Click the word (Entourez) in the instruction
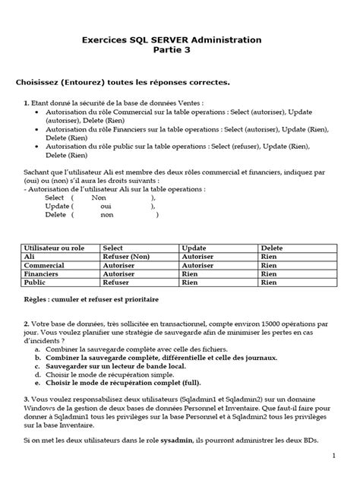click(x=81, y=81)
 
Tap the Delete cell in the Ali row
click(x=269, y=257)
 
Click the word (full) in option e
click(x=188, y=384)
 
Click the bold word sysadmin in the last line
click(x=175, y=440)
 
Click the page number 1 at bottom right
click(x=333, y=456)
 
